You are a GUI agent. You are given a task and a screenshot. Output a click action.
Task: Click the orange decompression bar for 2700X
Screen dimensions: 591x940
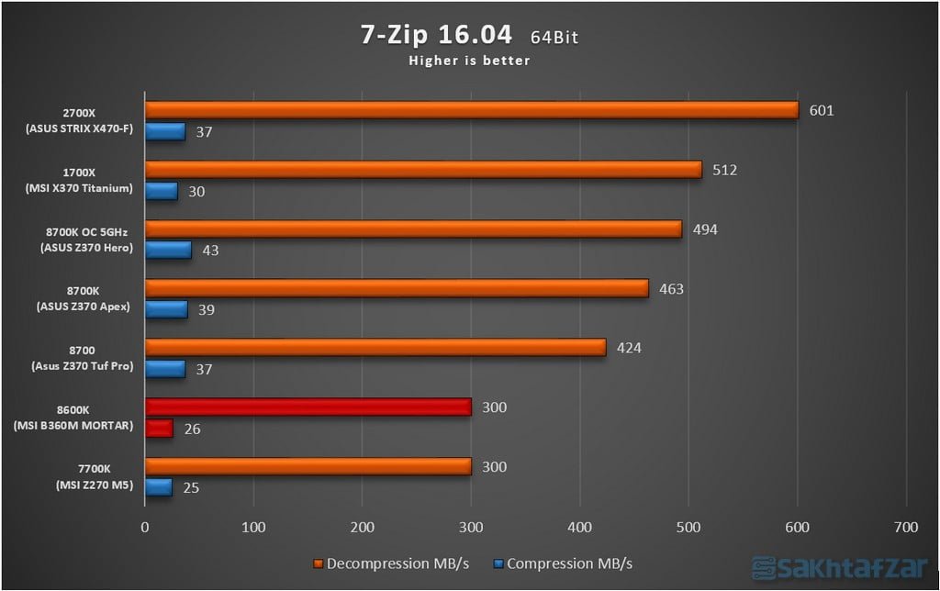tap(471, 110)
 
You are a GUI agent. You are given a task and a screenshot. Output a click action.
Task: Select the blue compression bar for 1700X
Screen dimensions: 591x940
tap(162, 191)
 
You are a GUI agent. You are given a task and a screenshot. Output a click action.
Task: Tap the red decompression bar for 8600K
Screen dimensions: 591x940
tap(308, 407)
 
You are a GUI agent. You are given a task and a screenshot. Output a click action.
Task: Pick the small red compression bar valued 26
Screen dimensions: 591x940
tap(159, 429)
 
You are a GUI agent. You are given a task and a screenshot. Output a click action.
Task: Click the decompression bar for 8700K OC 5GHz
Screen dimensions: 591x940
tap(413, 229)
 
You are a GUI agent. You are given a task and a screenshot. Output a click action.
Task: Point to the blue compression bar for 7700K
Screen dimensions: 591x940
tap(158, 487)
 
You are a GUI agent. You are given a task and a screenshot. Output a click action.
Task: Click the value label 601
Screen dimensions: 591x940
tap(821, 110)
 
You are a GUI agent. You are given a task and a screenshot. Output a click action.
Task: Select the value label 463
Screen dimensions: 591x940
tap(670, 289)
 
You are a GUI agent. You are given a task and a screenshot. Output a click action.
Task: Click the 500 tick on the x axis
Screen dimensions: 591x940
tap(688, 528)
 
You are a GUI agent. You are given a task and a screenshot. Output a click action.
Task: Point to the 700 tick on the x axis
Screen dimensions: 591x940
tap(905, 528)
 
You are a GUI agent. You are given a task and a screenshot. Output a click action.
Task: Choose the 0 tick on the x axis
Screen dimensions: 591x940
tap(145, 528)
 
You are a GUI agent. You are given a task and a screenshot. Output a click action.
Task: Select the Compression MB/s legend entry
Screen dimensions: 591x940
tap(562, 563)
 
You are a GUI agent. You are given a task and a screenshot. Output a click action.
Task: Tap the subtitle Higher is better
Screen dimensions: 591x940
tap(469, 61)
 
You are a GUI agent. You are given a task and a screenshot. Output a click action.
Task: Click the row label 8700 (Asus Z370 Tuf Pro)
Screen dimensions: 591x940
tap(80, 358)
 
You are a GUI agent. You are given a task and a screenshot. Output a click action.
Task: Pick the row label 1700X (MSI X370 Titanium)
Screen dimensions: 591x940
tap(80, 180)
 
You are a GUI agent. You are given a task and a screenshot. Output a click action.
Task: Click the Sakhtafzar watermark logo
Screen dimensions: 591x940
tap(840, 567)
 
